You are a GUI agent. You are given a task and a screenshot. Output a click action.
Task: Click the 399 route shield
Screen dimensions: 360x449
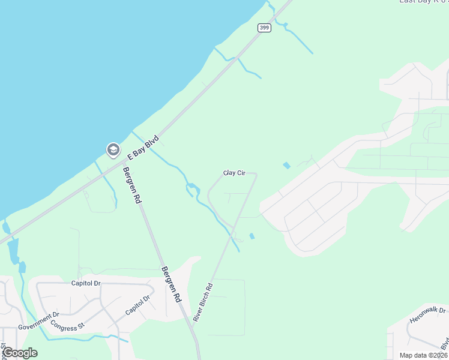pos(264,28)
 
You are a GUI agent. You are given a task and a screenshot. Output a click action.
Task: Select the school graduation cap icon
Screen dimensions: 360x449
pos(113,149)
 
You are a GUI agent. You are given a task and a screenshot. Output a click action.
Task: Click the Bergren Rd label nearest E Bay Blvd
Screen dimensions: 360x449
pos(131,185)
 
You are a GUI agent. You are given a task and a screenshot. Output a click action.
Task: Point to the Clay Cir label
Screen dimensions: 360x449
pos(235,173)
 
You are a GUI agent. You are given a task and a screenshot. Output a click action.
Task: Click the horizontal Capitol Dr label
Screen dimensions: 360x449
pos(86,283)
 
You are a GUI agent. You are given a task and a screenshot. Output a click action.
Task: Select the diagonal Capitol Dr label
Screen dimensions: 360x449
pos(137,305)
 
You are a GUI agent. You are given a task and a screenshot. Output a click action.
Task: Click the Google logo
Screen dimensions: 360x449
pos(19,353)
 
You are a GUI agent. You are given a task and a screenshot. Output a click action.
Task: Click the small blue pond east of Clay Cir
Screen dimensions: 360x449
pos(286,165)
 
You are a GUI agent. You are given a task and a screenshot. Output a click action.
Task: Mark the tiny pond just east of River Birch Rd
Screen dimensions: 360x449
pos(252,236)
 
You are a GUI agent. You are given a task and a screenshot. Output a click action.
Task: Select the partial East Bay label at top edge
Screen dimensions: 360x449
pos(423,2)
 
